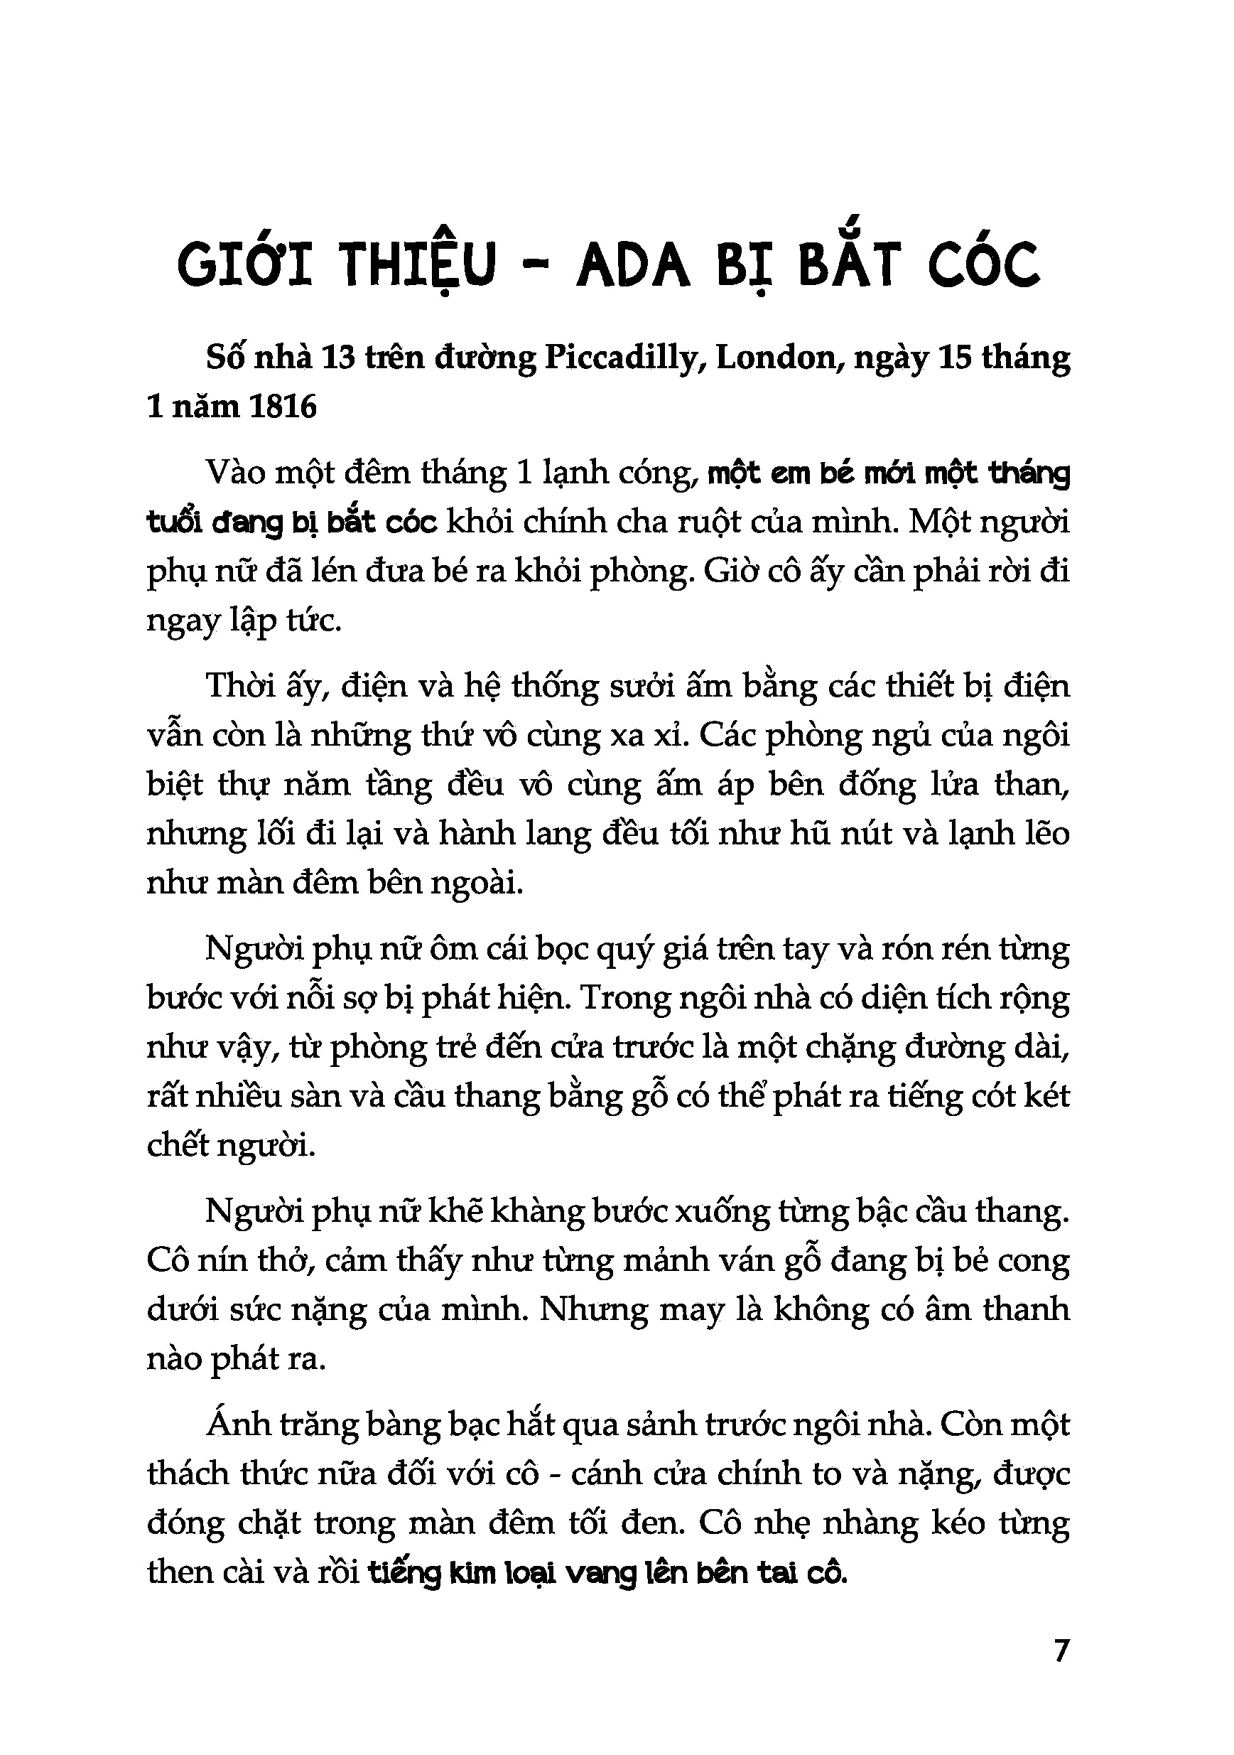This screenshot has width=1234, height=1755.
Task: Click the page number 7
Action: pos(1061,1651)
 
